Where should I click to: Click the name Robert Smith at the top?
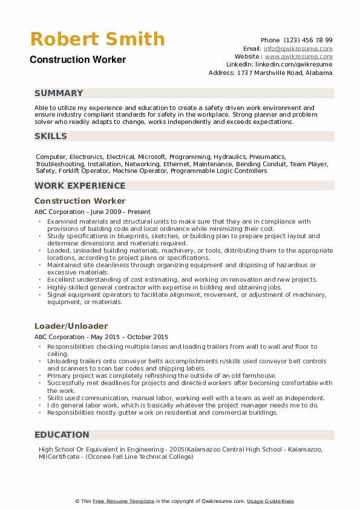click(x=97, y=39)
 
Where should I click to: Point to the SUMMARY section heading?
click(x=59, y=93)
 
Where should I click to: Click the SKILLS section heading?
click(x=51, y=136)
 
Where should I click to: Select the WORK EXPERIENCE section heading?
click(x=80, y=186)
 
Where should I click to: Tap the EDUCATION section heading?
click(x=62, y=435)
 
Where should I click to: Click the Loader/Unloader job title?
click(x=71, y=326)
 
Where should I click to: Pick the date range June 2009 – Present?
click(x=126, y=212)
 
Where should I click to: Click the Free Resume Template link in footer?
click(x=124, y=501)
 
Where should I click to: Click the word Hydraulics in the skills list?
click(x=225, y=157)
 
